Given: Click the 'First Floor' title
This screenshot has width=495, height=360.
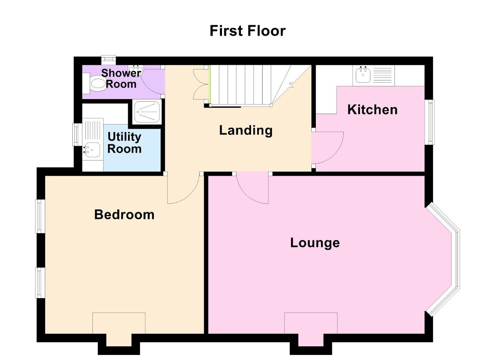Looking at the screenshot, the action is (247, 31).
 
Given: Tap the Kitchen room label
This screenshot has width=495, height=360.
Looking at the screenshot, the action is (372, 109).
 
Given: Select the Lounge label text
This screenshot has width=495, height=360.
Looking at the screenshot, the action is (315, 243).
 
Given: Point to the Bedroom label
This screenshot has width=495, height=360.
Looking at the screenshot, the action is (124, 215).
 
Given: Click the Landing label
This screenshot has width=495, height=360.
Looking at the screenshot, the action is (246, 131).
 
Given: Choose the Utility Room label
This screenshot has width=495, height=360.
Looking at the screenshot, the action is (125, 143).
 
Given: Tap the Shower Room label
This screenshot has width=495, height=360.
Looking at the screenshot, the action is (121, 78).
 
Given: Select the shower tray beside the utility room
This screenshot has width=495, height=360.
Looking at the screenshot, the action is (147, 112).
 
